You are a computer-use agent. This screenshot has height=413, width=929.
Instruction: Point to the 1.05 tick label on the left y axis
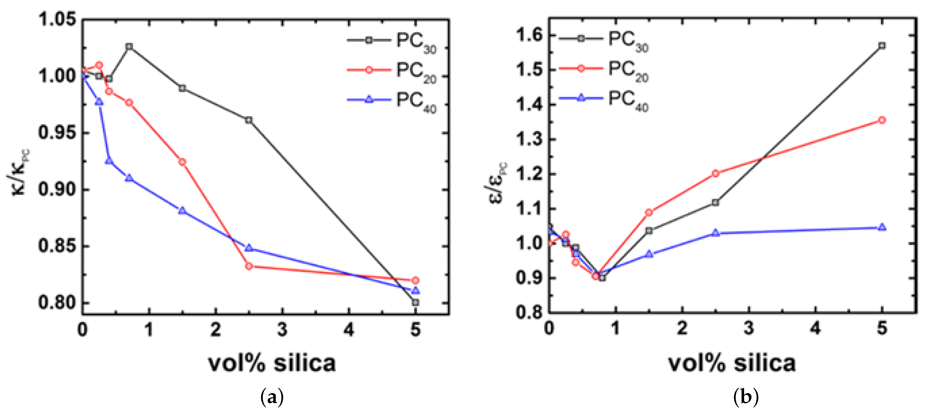tap(58, 19)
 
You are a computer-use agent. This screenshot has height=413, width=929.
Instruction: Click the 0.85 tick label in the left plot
tap(58, 246)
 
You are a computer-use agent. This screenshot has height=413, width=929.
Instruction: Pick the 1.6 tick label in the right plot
tap(529, 35)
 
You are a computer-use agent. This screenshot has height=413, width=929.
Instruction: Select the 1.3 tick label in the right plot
tap(529, 139)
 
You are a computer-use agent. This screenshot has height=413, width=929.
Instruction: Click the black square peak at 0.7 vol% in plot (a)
tap(129, 47)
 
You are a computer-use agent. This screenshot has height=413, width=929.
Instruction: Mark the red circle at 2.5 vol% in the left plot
tap(249, 266)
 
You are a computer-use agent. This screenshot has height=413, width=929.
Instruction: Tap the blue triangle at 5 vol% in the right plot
tap(882, 227)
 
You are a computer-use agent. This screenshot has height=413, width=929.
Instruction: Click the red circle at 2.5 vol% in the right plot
tap(716, 174)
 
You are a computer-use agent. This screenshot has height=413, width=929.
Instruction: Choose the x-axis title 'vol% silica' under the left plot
tap(272, 363)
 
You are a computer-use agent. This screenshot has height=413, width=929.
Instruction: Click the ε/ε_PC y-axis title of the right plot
tap(498, 182)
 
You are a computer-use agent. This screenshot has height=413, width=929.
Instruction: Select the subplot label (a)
tap(272, 397)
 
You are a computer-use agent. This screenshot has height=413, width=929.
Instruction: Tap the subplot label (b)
tap(746, 397)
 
